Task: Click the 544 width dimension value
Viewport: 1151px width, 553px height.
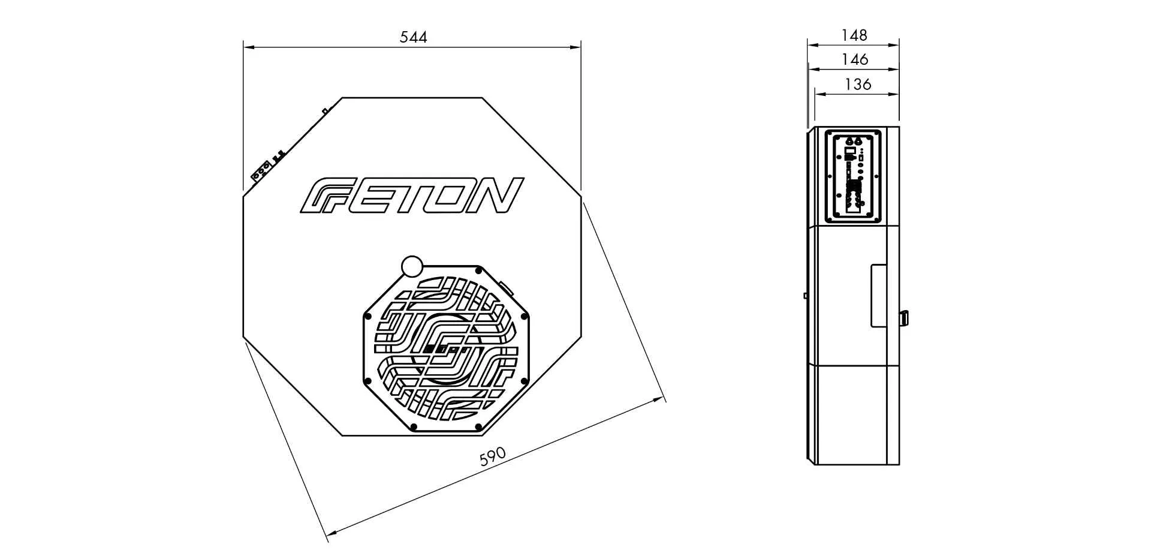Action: tap(413, 37)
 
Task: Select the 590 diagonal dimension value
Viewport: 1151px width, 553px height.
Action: tap(493, 457)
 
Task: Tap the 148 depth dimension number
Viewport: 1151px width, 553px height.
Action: tap(854, 35)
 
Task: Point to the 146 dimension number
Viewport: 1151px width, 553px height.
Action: tap(854, 59)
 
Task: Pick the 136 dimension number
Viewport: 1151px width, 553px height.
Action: tap(857, 85)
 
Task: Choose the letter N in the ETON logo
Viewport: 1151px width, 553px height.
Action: tap(493, 196)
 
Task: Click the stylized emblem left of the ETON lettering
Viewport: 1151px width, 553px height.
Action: tap(317, 196)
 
